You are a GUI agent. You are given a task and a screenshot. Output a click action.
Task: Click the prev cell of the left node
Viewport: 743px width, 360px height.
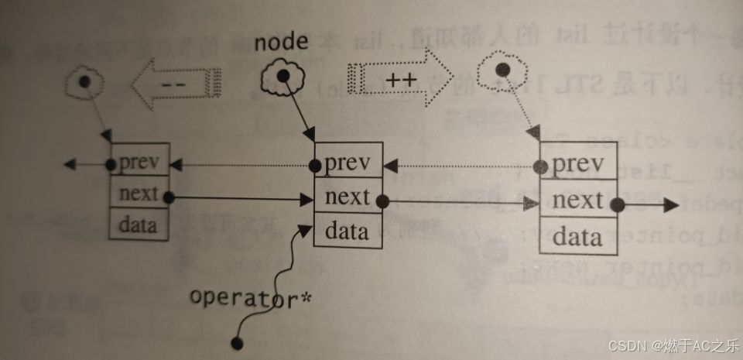click(x=139, y=163)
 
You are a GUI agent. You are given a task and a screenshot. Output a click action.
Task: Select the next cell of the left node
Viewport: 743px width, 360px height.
click(x=139, y=194)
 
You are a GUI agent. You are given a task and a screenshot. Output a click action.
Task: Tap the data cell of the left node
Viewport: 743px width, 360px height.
click(x=139, y=225)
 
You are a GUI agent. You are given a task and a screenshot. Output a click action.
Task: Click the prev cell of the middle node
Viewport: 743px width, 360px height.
click(x=348, y=163)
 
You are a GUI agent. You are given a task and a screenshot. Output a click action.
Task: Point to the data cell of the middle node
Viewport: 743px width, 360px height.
click(x=348, y=231)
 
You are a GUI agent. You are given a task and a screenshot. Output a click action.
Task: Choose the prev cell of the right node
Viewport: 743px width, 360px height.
click(x=579, y=165)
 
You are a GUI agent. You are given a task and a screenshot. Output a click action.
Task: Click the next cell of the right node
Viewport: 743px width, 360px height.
click(x=579, y=201)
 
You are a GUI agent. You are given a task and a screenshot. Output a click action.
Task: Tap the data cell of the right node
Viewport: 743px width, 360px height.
click(x=579, y=236)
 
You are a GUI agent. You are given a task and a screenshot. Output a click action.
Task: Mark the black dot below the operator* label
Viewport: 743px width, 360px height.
click(x=238, y=341)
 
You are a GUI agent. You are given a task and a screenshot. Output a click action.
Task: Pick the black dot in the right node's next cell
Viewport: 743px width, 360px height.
click(x=617, y=205)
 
